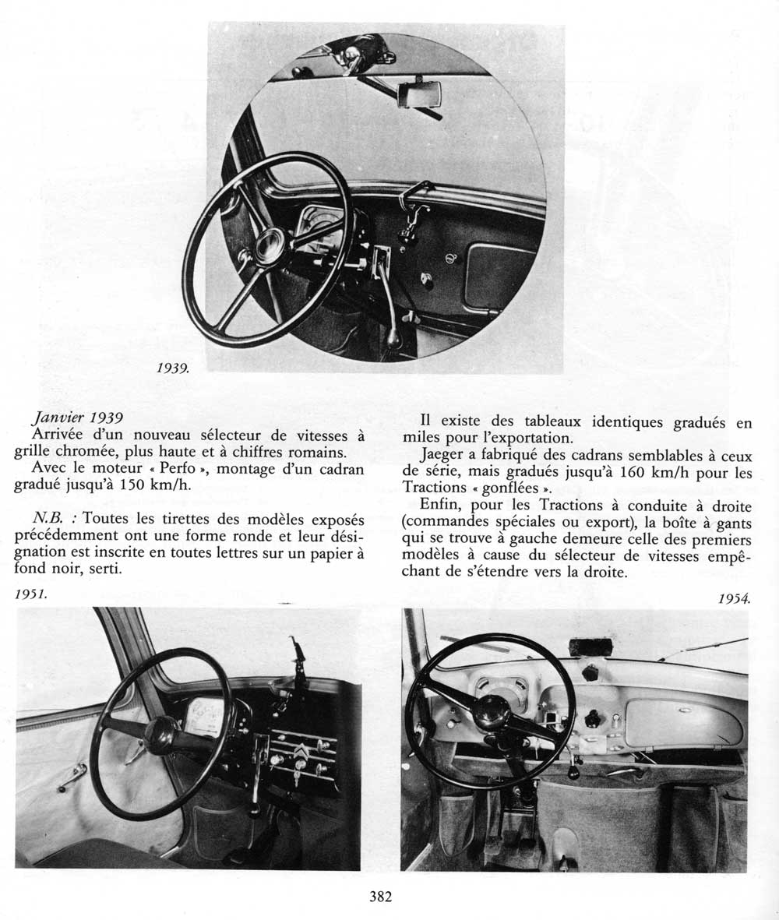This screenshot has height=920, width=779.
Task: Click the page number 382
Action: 380,896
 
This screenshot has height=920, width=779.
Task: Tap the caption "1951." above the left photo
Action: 31,594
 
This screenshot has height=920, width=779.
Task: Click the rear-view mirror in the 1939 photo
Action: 419,94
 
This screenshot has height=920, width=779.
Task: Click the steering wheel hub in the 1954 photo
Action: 492,711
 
